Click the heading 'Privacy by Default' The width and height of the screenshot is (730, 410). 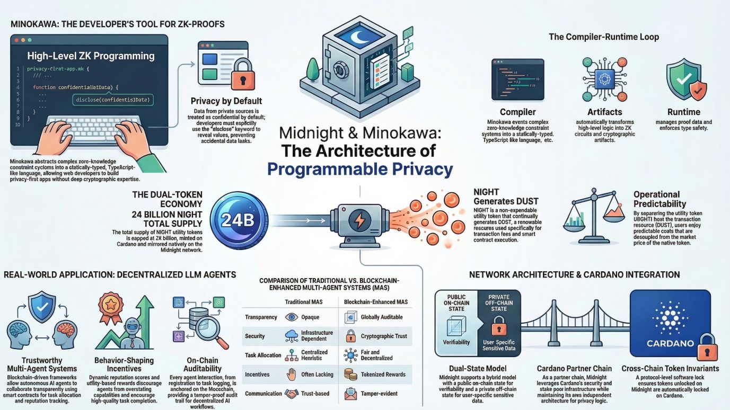(x=226, y=101)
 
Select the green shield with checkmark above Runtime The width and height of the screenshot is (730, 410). (x=685, y=79)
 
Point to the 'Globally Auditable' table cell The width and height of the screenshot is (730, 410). (x=381, y=317)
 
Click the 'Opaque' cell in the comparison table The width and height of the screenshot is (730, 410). (x=310, y=317)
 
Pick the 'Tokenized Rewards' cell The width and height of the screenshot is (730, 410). (x=383, y=375)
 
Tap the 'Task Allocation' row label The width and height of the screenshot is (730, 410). (x=263, y=355)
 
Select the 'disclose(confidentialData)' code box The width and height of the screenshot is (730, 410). (x=112, y=99)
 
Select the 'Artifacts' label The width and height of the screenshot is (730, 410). (x=604, y=112)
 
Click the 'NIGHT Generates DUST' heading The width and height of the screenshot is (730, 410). (x=506, y=197)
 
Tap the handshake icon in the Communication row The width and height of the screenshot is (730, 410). (x=292, y=394)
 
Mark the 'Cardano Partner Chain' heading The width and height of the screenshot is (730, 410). (x=574, y=368)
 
